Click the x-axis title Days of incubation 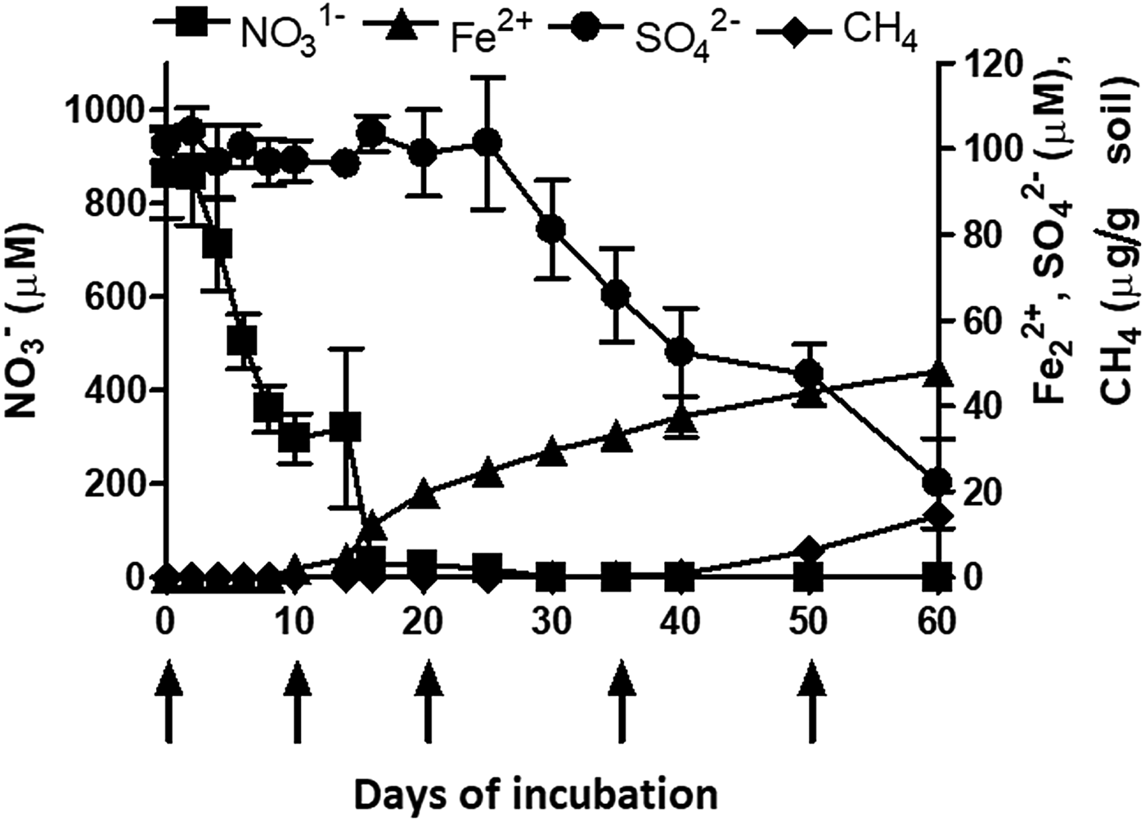tap(536, 793)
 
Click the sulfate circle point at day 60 tap(937, 482)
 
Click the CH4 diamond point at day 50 tap(809, 551)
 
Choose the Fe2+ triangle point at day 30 tap(551, 450)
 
